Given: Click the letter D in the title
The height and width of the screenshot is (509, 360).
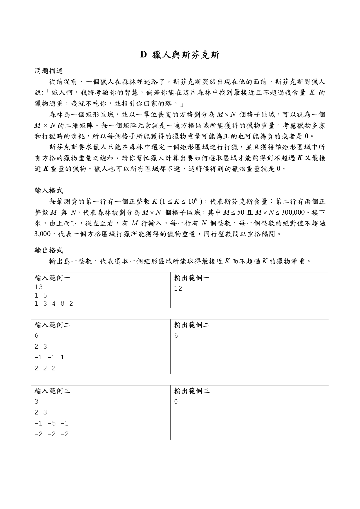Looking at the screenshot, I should (x=143, y=55).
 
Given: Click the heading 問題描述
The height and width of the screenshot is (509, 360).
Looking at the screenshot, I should (x=49, y=70).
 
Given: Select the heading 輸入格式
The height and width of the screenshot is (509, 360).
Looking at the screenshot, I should (x=49, y=191).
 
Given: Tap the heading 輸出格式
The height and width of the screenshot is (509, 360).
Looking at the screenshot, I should (x=49, y=250).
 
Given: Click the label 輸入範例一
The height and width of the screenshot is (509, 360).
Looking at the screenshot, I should (x=52, y=278).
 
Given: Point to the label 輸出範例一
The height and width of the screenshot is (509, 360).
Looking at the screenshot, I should (x=192, y=278).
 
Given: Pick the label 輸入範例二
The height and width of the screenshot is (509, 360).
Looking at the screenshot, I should (x=52, y=325).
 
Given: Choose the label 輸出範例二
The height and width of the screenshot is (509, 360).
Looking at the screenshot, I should (x=192, y=325).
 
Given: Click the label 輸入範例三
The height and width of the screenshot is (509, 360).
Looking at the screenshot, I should (x=52, y=391).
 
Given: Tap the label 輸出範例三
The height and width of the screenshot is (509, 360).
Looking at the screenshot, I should (x=192, y=391).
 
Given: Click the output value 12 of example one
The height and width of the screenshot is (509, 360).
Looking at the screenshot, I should (x=178, y=288).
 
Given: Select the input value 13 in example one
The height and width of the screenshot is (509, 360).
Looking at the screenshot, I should (x=38, y=287).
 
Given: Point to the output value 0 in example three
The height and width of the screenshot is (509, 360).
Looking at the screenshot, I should (x=176, y=402).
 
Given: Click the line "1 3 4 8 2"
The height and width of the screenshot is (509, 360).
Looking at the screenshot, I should (x=54, y=303).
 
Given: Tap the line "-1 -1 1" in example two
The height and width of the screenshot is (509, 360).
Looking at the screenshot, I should (x=49, y=357).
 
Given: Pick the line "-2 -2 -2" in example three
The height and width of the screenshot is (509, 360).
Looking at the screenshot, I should (x=52, y=434).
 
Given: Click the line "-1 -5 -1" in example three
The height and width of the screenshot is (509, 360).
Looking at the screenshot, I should (x=52, y=423).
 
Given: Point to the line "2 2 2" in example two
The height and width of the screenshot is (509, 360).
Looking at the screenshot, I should (x=45, y=368).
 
